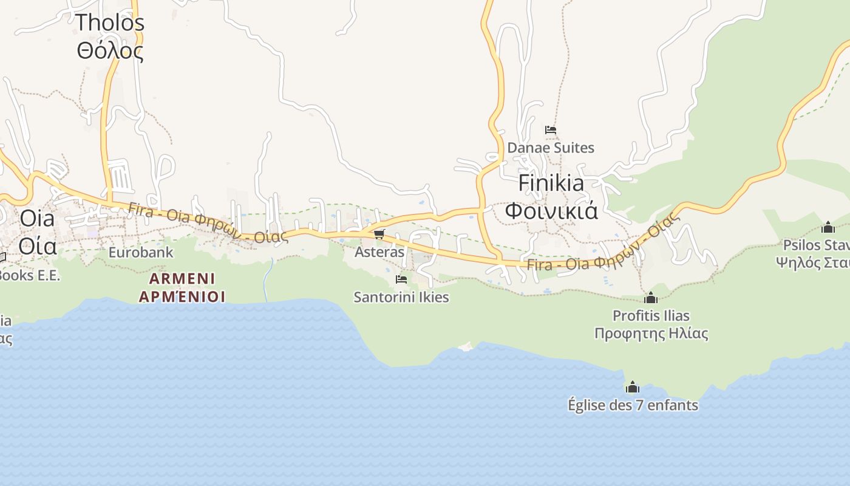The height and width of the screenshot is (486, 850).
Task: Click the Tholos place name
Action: click(x=110, y=22)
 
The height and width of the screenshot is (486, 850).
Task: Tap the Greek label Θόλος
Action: click(x=110, y=50)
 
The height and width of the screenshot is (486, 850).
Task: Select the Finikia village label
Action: click(x=551, y=183)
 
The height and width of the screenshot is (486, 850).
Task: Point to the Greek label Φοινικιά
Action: click(x=551, y=211)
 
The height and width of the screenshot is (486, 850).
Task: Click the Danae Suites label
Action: click(x=551, y=148)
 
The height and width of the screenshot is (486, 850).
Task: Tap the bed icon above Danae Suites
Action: click(x=551, y=130)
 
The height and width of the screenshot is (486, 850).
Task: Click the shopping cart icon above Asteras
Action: click(x=379, y=234)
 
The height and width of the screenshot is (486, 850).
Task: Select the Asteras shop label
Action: click(x=379, y=252)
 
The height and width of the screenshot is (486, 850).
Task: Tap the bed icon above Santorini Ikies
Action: click(x=401, y=279)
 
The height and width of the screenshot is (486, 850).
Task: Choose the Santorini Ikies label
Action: click(x=401, y=297)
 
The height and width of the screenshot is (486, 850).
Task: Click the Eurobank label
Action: click(x=141, y=252)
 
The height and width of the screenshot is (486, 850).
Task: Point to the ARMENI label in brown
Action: click(x=182, y=279)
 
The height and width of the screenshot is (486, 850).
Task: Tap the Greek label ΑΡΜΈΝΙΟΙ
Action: click(x=182, y=296)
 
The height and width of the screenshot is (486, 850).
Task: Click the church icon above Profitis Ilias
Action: click(x=651, y=298)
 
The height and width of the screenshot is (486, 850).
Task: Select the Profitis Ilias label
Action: click(x=651, y=315)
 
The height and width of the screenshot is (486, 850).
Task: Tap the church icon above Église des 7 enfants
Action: click(x=633, y=387)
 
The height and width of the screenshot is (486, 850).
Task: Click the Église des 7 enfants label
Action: click(x=633, y=405)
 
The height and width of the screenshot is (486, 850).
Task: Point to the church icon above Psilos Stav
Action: click(x=828, y=227)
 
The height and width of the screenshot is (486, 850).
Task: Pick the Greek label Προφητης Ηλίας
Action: click(x=651, y=334)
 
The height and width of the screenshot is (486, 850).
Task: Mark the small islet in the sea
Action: click(x=466, y=346)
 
